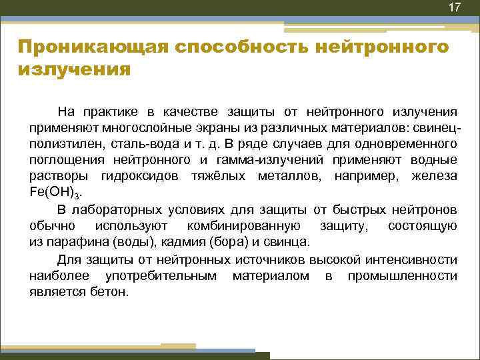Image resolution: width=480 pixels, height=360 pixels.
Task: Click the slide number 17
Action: coord(454,8)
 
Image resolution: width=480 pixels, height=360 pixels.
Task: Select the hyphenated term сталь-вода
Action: coord(147,143)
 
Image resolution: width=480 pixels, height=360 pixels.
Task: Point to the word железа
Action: coord(435,177)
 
